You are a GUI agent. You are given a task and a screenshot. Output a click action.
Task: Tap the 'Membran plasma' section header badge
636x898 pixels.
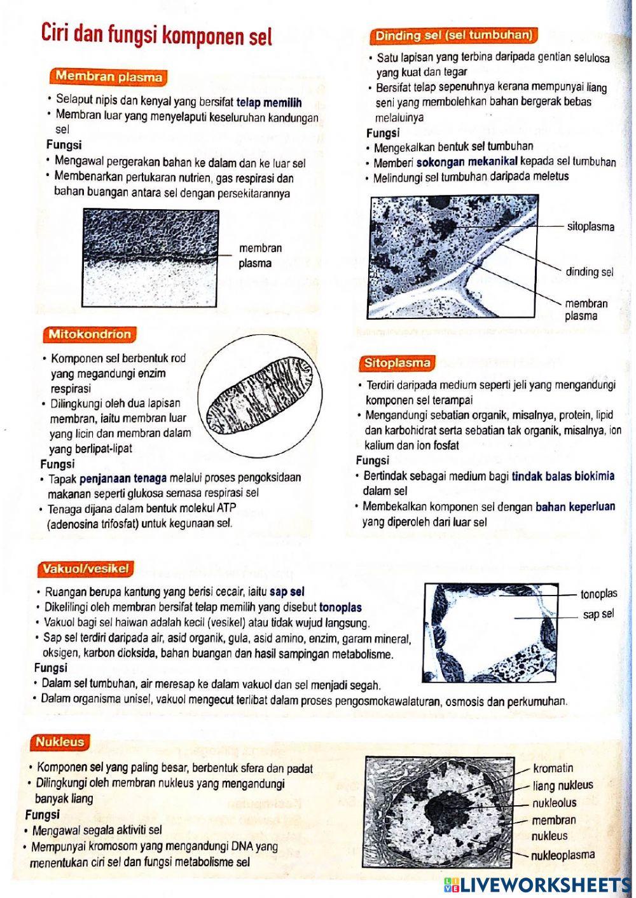(x=109, y=77)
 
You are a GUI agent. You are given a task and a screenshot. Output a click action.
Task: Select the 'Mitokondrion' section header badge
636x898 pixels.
(x=90, y=334)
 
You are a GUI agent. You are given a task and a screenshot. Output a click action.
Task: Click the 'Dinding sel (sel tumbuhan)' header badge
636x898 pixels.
(x=453, y=36)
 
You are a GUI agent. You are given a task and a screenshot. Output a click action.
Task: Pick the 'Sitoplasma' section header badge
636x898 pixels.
(x=397, y=364)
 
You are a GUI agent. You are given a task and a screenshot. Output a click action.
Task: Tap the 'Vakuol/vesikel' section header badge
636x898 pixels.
(x=85, y=569)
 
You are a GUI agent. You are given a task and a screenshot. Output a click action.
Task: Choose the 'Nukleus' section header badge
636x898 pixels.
(x=60, y=742)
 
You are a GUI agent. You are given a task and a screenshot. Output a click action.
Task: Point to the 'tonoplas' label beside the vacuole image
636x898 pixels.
(x=598, y=594)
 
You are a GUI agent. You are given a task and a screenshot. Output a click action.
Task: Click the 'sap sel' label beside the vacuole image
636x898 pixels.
(x=598, y=614)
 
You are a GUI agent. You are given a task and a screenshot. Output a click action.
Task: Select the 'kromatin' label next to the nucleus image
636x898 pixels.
(x=553, y=768)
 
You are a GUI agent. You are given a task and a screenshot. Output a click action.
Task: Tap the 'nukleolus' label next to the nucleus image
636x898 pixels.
(x=554, y=803)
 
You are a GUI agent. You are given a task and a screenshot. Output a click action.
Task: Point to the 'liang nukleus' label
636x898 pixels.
(x=562, y=785)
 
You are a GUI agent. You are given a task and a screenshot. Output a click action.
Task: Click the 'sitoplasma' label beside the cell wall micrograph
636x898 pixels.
(x=590, y=226)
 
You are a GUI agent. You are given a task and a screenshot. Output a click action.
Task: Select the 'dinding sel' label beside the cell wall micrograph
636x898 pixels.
(x=590, y=272)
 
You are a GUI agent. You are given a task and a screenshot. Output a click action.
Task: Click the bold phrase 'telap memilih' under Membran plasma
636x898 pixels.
(x=269, y=102)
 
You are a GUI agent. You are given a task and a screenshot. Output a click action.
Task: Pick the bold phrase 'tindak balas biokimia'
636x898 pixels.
(x=563, y=476)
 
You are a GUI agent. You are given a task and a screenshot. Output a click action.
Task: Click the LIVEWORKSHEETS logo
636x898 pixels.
(x=537, y=885)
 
